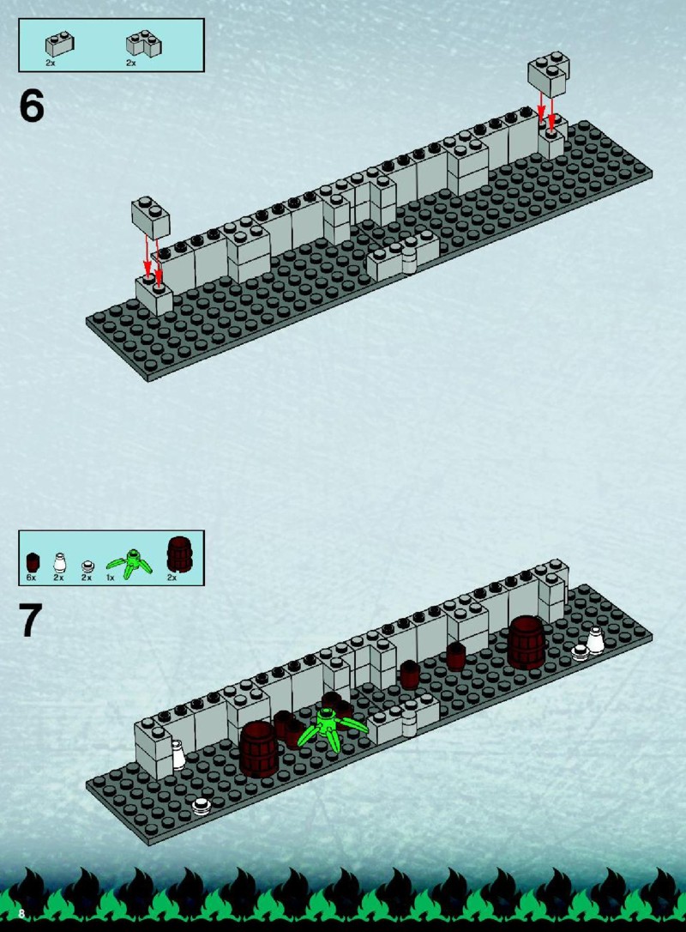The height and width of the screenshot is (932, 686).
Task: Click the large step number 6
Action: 32,106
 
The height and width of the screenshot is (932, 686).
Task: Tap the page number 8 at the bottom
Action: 21,913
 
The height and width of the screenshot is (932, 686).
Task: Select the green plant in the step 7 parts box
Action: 129,564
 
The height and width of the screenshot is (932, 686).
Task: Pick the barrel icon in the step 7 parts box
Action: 179,554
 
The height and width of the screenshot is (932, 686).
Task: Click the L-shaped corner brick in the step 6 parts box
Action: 144,44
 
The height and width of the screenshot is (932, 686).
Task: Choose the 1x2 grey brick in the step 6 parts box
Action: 60,44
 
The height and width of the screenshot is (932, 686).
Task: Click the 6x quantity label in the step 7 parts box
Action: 32,578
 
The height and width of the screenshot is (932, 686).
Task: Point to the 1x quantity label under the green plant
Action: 111,578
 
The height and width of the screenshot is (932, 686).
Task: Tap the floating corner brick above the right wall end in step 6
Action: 549,74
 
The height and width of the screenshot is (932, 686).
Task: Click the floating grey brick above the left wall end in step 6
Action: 151,217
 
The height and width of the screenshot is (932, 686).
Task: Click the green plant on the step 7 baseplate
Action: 331,727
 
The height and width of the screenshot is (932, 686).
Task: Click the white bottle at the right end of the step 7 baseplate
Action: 596,640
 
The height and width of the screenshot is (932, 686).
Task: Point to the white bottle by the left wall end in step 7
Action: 178,755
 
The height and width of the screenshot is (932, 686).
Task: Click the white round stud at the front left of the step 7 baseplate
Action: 202,807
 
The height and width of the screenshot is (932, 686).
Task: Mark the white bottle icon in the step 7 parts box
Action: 59,562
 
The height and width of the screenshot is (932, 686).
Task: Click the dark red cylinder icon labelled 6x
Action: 33,562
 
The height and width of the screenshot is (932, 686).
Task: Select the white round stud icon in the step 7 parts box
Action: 88,566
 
